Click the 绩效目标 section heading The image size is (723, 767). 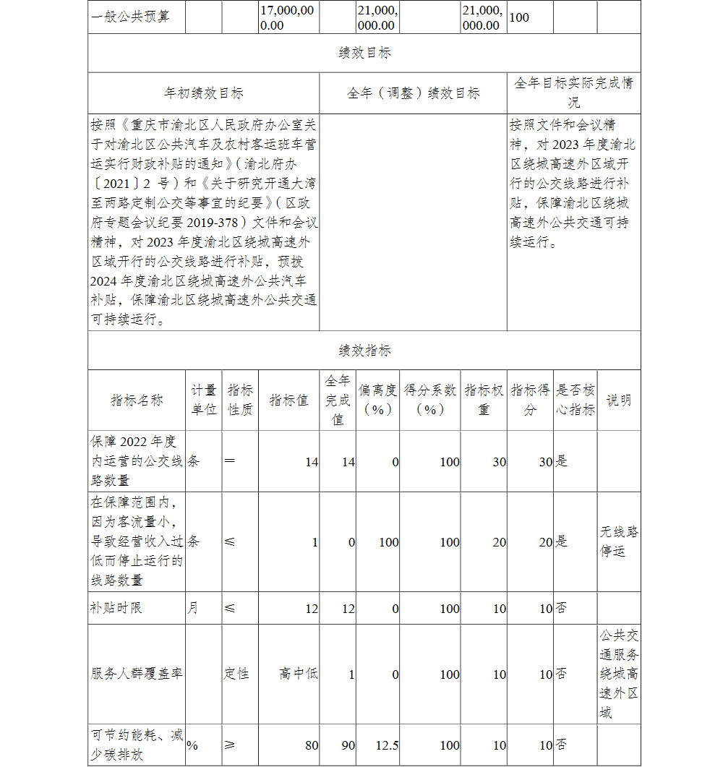point(364,53)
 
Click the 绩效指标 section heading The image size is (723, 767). point(364,351)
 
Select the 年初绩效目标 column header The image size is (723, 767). point(203,93)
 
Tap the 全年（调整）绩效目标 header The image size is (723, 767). point(413,93)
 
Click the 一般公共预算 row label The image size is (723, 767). point(131,17)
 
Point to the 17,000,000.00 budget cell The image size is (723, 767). point(288,17)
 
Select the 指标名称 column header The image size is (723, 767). point(137,400)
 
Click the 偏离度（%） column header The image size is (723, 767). point(377,400)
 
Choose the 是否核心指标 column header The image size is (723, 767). point(576,400)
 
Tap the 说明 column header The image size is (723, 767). point(619,400)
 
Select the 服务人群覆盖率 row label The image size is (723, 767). point(137,674)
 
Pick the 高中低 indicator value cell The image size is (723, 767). point(299,674)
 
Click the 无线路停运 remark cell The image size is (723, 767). point(619,542)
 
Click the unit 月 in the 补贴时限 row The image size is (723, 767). point(192,609)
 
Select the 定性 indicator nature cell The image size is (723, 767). point(236,674)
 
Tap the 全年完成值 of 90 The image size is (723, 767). point(348,745)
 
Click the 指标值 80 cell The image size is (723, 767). point(311,745)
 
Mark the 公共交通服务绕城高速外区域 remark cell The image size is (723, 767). point(619,674)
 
